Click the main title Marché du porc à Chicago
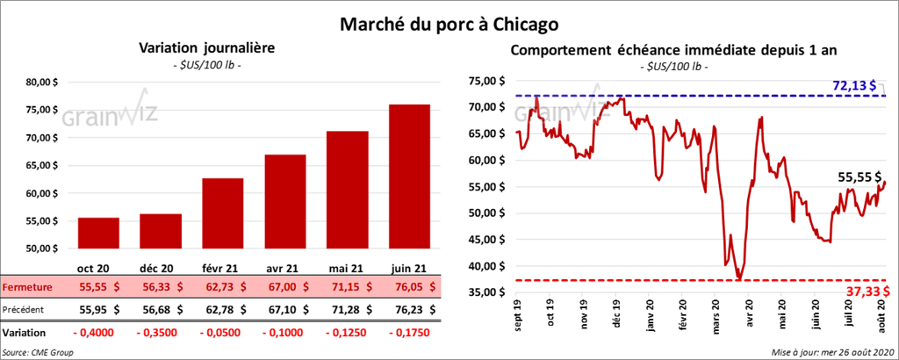pos(449,19)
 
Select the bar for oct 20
pos(98,233)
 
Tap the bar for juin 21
pos(409,176)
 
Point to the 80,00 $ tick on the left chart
pos(44,83)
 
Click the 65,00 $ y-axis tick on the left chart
pos(44,165)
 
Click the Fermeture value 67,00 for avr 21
pos(284,286)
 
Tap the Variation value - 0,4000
pos(97,334)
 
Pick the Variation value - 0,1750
pos(408,334)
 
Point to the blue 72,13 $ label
pos(854,85)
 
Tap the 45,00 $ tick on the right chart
pos(489,239)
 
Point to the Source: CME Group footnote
pos(38,352)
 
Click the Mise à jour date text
pos(831,352)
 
